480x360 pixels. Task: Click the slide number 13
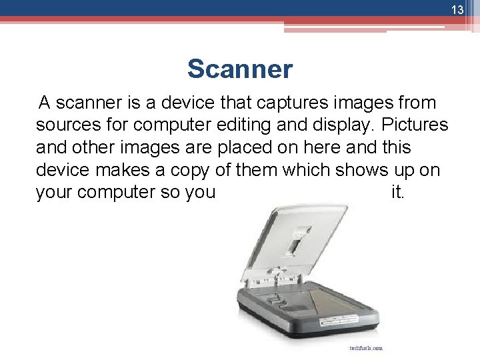coord(457,10)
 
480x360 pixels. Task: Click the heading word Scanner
coord(240,69)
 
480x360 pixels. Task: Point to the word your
coord(54,192)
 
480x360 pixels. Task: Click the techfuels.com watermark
coord(365,347)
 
